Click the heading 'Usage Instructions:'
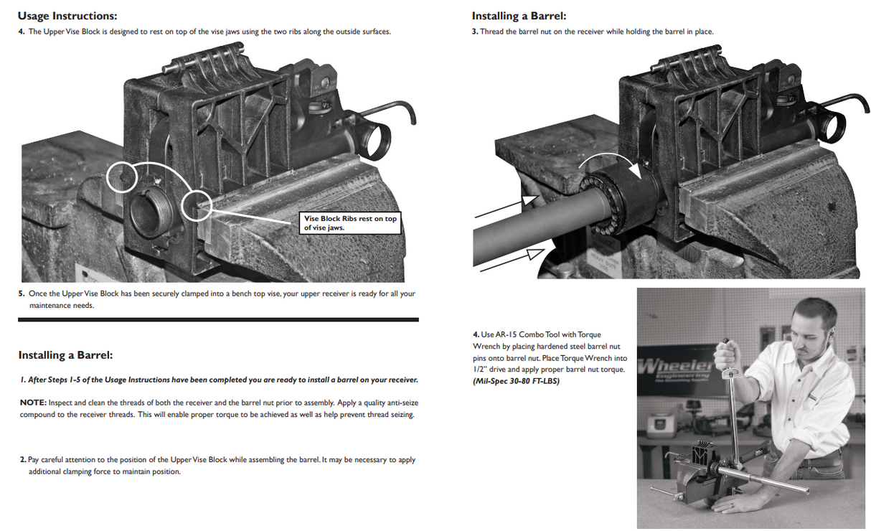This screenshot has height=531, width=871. [67, 16]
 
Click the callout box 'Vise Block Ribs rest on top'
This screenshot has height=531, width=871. [349, 222]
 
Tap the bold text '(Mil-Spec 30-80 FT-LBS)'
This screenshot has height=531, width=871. [516, 380]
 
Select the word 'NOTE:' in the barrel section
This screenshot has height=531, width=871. [33, 403]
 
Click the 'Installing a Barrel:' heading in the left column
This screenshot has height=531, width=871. [65, 355]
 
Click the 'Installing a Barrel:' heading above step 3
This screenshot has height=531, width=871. [519, 16]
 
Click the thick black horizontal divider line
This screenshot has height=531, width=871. [218, 319]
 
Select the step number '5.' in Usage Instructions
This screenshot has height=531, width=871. [22, 293]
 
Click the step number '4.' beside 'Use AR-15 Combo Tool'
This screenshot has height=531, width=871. [476, 334]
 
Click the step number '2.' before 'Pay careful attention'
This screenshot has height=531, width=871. [23, 459]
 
